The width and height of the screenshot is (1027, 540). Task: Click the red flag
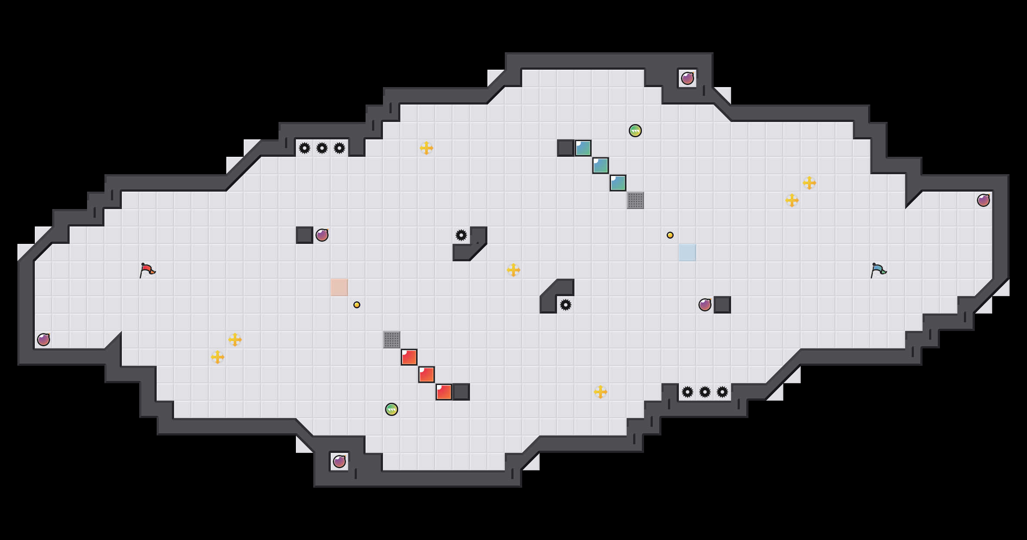pyautogui.click(x=147, y=270)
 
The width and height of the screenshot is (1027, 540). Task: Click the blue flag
pyautogui.click(x=878, y=270)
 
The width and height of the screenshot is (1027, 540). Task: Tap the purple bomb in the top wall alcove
pyautogui.click(x=688, y=78)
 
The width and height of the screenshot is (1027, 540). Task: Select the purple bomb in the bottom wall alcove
pyautogui.click(x=339, y=462)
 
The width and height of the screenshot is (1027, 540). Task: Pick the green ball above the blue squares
pyautogui.click(x=635, y=131)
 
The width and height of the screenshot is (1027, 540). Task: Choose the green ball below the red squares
pyautogui.click(x=392, y=409)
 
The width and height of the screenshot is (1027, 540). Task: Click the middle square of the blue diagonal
pyautogui.click(x=601, y=165)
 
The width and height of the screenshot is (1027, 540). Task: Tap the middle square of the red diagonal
pyautogui.click(x=426, y=375)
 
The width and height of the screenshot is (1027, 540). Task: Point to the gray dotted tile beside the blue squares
pyautogui.click(x=635, y=200)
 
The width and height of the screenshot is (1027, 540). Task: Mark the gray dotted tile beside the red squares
pyautogui.click(x=392, y=340)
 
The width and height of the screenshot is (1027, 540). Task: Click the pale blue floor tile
pyautogui.click(x=688, y=253)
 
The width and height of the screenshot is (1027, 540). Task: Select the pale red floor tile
pyautogui.click(x=339, y=287)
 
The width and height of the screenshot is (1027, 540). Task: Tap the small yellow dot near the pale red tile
pyautogui.click(x=357, y=305)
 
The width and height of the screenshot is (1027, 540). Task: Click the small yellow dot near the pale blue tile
pyautogui.click(x=670, y=235)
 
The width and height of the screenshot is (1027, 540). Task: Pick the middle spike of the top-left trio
pyautogui.click(x=322, y=148)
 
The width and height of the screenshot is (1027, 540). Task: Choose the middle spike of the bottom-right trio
pyautogui.click(x=705, y=392)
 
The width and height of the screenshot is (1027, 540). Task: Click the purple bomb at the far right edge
pyautogui.click(x=983, y=200)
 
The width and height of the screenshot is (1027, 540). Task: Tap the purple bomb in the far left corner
pyautogui.click(x=44, y=340)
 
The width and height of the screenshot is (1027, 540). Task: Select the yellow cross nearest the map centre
pyautogui.click(x=513, y=270)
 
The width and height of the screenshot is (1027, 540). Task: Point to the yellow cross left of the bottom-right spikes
pyautogui.click(x=601, y=392)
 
